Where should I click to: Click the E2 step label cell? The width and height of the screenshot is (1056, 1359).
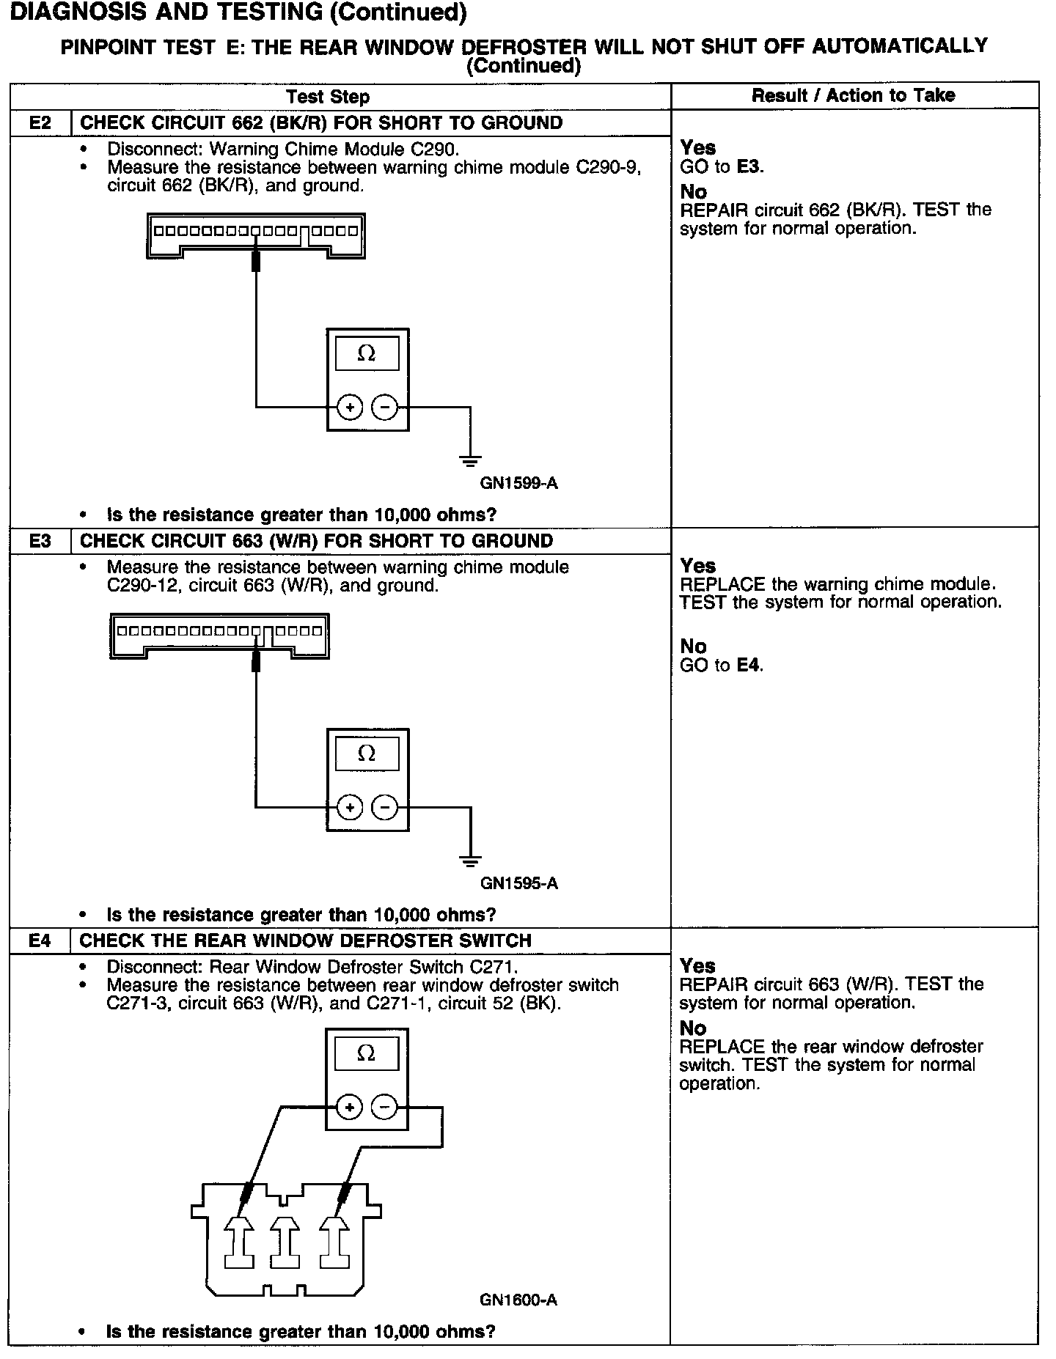(40, 122)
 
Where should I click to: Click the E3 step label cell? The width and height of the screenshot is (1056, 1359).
(40, 541)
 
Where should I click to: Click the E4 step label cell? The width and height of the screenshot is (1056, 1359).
(40, 940)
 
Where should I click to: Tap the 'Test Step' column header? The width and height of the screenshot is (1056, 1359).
(328, 97)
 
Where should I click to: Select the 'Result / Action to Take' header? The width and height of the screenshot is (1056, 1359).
(854, 95)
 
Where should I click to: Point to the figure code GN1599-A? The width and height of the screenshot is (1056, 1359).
(519, 483)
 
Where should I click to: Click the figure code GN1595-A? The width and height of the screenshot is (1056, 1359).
(519, 883)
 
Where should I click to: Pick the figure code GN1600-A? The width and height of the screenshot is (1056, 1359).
(518, 1300)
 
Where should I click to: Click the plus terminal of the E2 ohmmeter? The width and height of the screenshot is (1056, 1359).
(350, 407)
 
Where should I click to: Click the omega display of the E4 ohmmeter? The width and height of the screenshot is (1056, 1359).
(366, 1055)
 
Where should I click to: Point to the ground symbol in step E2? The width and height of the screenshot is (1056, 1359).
(470, 460)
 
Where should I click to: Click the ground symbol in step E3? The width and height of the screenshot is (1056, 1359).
(470, 861)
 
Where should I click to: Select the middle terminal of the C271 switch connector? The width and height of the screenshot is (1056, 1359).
(287, 1242)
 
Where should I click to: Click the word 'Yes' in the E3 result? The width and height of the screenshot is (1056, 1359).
(697, 566)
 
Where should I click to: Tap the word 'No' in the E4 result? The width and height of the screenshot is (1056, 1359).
(692, 1028)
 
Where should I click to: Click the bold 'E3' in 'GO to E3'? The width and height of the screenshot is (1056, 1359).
(748, 166)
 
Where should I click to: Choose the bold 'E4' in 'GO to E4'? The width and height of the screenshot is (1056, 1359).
(748, 665)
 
